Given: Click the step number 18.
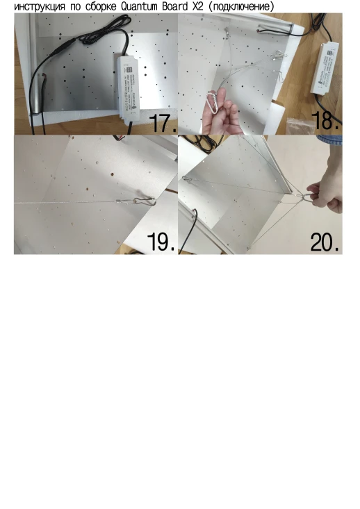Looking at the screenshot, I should click(x=326, y=120).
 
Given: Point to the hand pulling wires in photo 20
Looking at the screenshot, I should click(x=327, y=194).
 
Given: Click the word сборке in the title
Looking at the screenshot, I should click(x=99, y=6).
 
